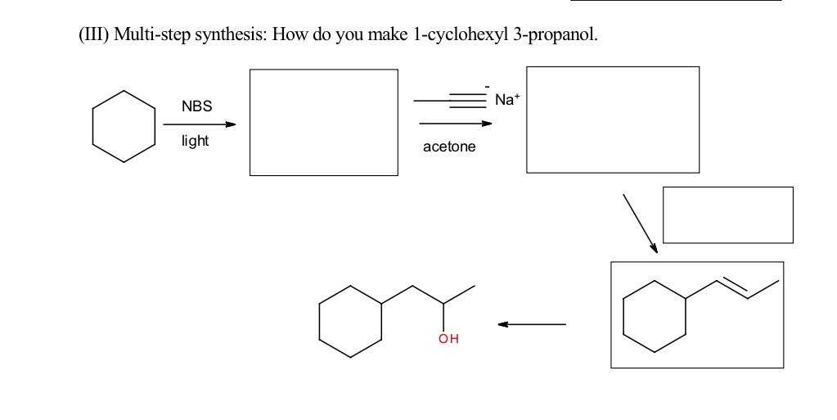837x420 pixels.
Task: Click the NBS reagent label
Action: pos(196,106)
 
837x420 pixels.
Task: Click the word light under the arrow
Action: pos(195,141)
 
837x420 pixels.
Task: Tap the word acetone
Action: pos(449,147)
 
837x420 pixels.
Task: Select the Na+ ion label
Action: pos(506,100)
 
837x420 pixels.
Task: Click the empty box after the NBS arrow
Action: pos(323,122)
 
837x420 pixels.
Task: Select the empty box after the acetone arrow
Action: pos(613,120)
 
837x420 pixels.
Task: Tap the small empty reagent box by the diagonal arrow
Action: pos(727,215)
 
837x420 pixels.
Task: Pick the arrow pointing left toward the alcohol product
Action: pos(532,324)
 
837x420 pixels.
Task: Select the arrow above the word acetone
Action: pos(455,124)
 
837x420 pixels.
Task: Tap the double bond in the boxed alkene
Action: pos(733,289)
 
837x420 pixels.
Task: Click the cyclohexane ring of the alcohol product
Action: pos(350,321)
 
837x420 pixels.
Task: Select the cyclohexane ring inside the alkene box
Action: pos(654,316)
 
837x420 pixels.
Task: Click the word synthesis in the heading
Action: pos(227,35)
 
